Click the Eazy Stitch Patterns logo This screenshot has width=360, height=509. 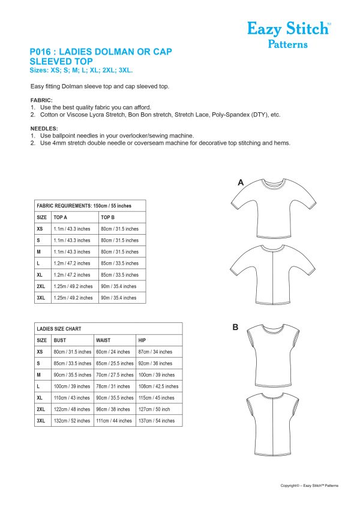click(x=287, y=34)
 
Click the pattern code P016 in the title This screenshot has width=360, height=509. click(x=43, y=52)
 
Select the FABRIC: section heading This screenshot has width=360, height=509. click(x=41, y=100)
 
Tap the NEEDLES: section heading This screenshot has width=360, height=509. click(x=44, y=128)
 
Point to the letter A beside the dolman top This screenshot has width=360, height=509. click(x=241, y=182)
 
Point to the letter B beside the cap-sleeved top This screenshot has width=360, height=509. click(x=235, y=327)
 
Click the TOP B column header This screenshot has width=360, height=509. click(x=109, y=217)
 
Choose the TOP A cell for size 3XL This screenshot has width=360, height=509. click(x=73, y=298)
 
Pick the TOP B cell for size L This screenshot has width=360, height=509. click(x=119, y=264)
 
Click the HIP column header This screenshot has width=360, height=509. click(x=142, y=340)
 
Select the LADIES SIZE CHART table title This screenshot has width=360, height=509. click(x=59, y=329)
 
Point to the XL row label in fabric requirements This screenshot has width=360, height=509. click(x=41, y=275)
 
